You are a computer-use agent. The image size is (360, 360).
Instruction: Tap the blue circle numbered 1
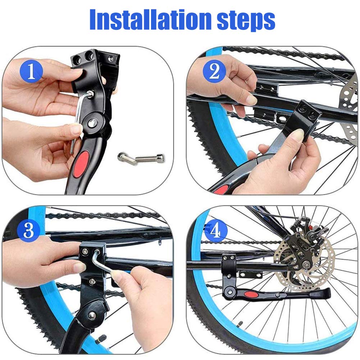pos(31,71)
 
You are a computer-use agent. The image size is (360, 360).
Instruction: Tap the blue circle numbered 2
pos(214,71)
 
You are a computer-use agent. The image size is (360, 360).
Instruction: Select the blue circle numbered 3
pos(28,230)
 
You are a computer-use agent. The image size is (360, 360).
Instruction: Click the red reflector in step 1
pos(81,164)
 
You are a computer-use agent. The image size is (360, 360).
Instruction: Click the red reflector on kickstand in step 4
pos(251,295)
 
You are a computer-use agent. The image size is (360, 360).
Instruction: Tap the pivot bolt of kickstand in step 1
pos(92,123)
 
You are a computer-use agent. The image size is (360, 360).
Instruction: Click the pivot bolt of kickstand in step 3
pos(92,316)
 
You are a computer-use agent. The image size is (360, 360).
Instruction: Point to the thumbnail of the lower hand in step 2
pos(298,135)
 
